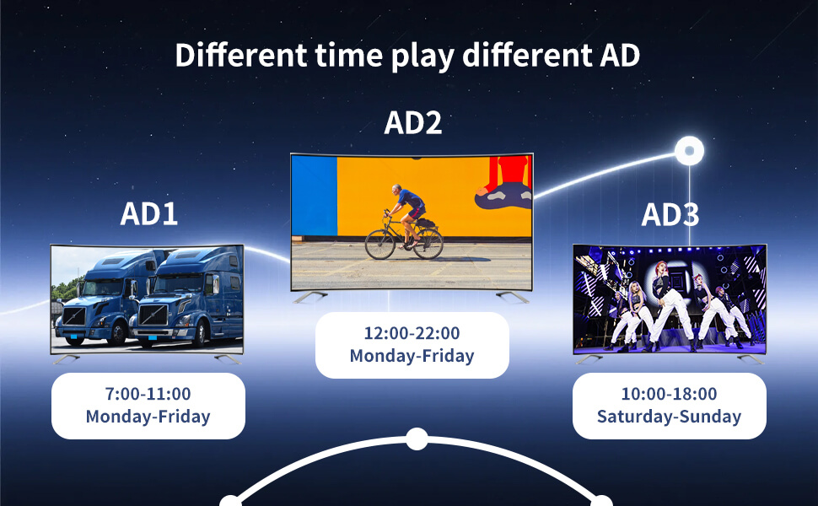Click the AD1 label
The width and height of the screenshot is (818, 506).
point(149,213)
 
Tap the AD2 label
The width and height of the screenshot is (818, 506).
point(412,122)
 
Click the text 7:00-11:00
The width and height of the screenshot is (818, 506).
point(148,394)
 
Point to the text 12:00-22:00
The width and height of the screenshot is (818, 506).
point(412,333)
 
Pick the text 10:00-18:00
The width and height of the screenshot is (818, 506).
point(669,394)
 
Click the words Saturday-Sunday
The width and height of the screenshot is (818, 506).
point(669,417)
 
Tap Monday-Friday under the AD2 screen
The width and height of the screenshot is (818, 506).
point(412,356)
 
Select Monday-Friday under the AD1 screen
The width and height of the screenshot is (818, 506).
point(148,417)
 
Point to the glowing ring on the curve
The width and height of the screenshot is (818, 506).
point(689,151)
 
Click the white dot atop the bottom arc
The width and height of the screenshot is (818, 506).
point(417,439)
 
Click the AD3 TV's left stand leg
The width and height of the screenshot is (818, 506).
point(588,358)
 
